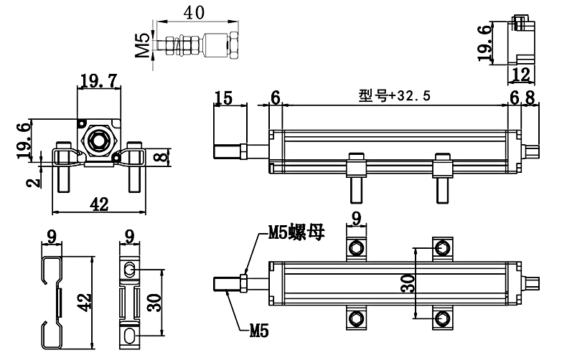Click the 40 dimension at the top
click(193, 12)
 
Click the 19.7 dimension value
click(98, 81)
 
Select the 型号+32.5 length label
click(395, 95)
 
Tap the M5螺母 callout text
click(296, 232)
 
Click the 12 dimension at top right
click(521, 73)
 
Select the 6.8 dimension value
click(522, 98)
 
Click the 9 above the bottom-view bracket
click(356, 217)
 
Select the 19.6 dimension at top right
click(487, 40)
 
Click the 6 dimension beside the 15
click(275, 98)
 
